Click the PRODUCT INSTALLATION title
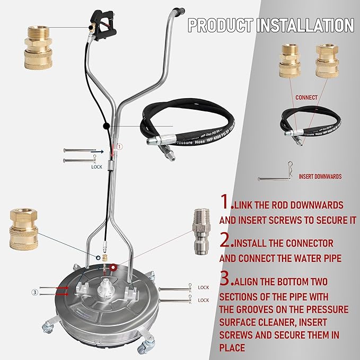pos(271,25)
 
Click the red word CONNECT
pos(307,98)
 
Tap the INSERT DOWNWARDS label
pos(320,177)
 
